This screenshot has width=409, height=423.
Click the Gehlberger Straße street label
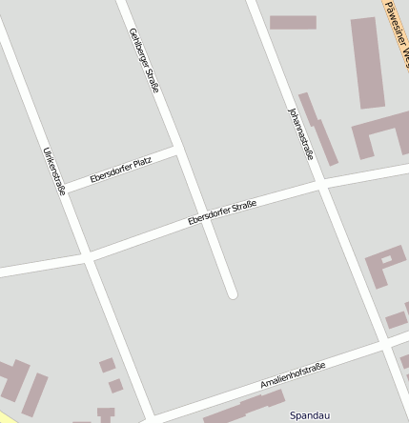144,60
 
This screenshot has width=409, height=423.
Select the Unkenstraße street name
53,171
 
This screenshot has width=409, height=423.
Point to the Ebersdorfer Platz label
120,171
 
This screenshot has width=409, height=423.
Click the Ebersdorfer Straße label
222,211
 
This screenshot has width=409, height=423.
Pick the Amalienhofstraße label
293,374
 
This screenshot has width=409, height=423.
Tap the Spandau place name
310,415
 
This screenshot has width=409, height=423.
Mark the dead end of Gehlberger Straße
231,293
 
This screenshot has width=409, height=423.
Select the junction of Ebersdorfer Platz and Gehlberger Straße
178,151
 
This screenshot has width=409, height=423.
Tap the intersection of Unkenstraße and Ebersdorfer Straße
88,257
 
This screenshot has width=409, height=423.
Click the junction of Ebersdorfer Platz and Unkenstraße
66,189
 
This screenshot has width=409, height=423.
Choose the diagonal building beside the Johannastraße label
318,129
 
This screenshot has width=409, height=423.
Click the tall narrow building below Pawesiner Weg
364,62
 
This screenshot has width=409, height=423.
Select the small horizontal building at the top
293,22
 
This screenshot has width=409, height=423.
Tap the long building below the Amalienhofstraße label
239,410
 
